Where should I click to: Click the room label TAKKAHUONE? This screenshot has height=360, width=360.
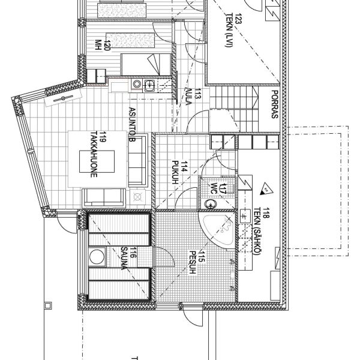click(94, 154)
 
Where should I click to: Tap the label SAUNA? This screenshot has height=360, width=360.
click(124, 258)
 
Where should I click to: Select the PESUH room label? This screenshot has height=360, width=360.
click(193, 262)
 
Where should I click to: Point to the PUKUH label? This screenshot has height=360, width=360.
click(175, 172)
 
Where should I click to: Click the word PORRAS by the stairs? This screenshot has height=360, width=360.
click(275, 104)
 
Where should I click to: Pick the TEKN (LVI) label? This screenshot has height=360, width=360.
click(230, 31)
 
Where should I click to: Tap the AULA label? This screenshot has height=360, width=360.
click(189, 97)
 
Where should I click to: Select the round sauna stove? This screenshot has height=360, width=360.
click(97, 256)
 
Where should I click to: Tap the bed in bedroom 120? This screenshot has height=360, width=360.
click(146, 65)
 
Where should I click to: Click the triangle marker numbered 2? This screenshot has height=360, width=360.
click(266, 190)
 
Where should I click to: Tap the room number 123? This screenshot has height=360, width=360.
click(239, 19)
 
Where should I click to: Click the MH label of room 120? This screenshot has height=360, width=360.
click(98, 45)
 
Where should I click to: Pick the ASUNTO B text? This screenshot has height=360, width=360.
click(133, 124)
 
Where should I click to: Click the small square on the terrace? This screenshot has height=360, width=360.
click(48, 305)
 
